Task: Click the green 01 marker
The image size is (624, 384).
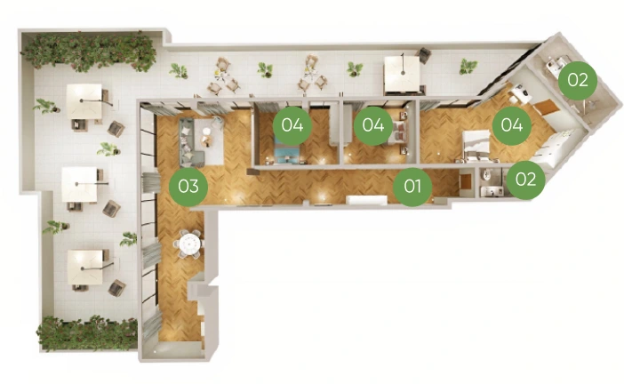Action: (x=412, y=187)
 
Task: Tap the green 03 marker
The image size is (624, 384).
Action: (x=188, y=187)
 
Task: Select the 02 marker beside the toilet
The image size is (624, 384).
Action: (x=525, y=180)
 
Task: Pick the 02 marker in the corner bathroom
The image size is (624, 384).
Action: (x=578, y=80)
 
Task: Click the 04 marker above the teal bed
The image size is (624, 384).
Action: (x=292, y=125)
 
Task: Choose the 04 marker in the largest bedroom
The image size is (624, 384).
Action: (x=512, y=125)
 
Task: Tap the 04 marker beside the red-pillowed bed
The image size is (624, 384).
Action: (x=373, y=125)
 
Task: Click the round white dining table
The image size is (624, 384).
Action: (x=189, y=243)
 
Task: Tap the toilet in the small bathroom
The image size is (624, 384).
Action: (x=486, y=175)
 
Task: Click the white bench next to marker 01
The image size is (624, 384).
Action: (x=366, y=199)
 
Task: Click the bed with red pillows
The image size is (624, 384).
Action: (x=398, y=132)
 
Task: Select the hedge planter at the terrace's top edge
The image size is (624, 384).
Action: (x=89, y=52)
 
